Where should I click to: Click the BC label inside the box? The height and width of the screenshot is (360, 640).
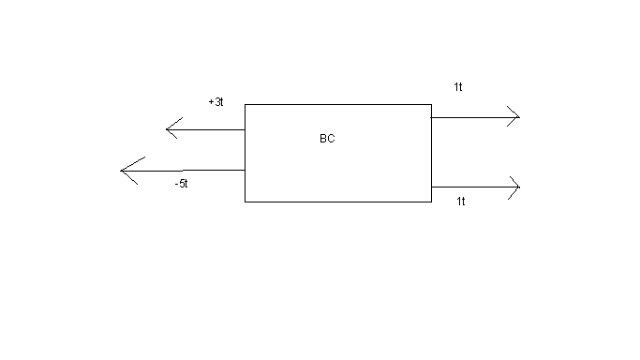[x=327, y=139]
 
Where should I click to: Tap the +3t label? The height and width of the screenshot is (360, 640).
[x=216, y=101]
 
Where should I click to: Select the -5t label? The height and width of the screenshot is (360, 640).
[x=181, y=184]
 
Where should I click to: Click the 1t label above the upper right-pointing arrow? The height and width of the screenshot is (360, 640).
[x=458, y=87]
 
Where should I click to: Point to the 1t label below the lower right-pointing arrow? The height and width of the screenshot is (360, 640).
[x=461, y=202]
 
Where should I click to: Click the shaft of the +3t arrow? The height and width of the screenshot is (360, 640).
[x=206, y=129]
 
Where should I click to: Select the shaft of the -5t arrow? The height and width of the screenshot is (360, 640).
[x=183, y=171]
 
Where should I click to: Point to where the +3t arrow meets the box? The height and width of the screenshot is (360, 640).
[x=245, y=129]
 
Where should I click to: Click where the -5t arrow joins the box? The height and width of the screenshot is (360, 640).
[x=245, y=170]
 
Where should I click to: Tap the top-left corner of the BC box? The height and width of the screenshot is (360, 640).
[x=245, y=104]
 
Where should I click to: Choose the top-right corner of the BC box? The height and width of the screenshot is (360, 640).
[x=431, y=104]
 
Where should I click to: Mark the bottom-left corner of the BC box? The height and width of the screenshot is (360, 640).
[x=245, y=202]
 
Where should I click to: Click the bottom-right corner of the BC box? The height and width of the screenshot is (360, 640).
[x=431, y=202]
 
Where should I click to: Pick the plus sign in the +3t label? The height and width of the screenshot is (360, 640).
[x=211, y=102]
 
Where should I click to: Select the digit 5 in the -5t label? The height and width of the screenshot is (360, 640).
[x=181, y=184]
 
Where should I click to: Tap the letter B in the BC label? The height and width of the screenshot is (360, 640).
[x=323, y=139]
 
